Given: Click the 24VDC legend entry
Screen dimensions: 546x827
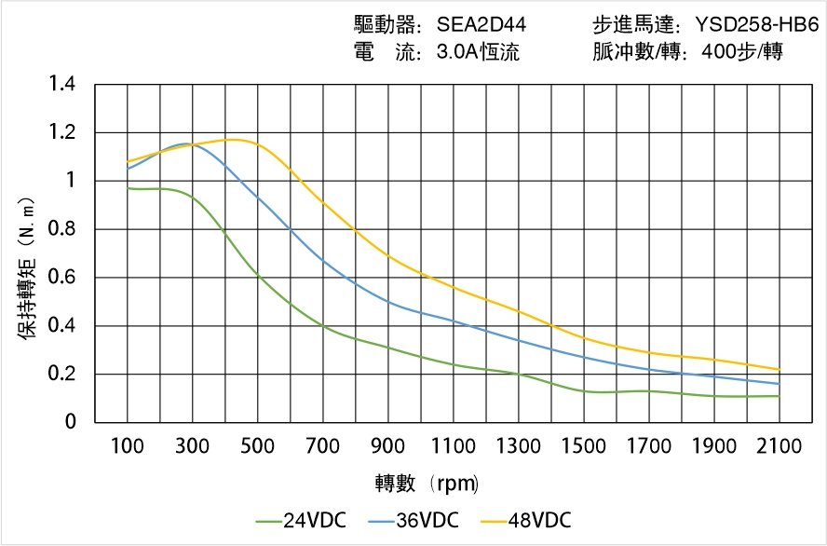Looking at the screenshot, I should pos(300,520).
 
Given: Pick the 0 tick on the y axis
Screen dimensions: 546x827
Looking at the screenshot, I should pos(72,423).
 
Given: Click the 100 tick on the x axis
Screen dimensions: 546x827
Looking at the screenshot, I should pos(128,446).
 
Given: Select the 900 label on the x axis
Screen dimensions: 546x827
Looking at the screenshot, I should pos(387,446).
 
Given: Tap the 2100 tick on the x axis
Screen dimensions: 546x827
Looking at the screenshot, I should pos(779,446).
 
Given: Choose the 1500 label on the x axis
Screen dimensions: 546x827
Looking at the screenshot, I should pos(583,446).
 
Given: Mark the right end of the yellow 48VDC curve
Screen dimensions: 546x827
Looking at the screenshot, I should pos(779,370).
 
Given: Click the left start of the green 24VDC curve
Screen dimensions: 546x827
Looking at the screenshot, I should pos(128,188).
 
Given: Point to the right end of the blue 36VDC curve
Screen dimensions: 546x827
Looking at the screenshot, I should pos(779,384).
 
